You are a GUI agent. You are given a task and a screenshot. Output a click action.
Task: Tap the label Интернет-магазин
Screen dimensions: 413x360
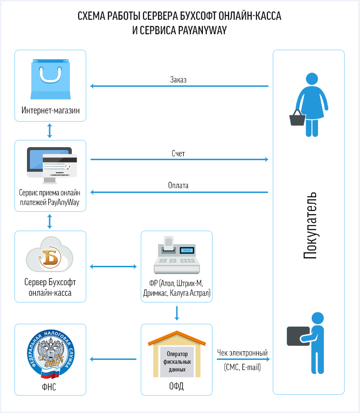[50, 111]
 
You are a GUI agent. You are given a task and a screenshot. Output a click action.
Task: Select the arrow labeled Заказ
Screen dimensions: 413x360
[179, 86]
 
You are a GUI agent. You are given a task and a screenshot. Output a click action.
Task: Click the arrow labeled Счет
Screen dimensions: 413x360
[179, 159]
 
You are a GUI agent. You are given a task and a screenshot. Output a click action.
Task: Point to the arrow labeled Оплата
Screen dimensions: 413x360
[179, 192]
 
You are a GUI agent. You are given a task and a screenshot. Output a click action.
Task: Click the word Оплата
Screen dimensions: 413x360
[178, 185]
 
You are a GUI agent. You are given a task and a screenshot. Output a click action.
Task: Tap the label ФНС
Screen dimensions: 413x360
[50, 386]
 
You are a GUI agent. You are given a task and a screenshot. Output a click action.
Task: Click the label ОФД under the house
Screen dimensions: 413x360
[176, 386]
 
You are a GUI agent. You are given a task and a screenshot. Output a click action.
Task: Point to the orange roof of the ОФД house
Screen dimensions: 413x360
[176, 338]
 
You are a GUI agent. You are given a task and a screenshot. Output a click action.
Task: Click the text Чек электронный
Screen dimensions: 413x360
[242, 353]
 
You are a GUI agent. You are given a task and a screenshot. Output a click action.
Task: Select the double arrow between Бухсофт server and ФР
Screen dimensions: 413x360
[113, 266]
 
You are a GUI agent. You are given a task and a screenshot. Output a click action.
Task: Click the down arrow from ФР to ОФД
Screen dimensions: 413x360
[176, 313]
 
